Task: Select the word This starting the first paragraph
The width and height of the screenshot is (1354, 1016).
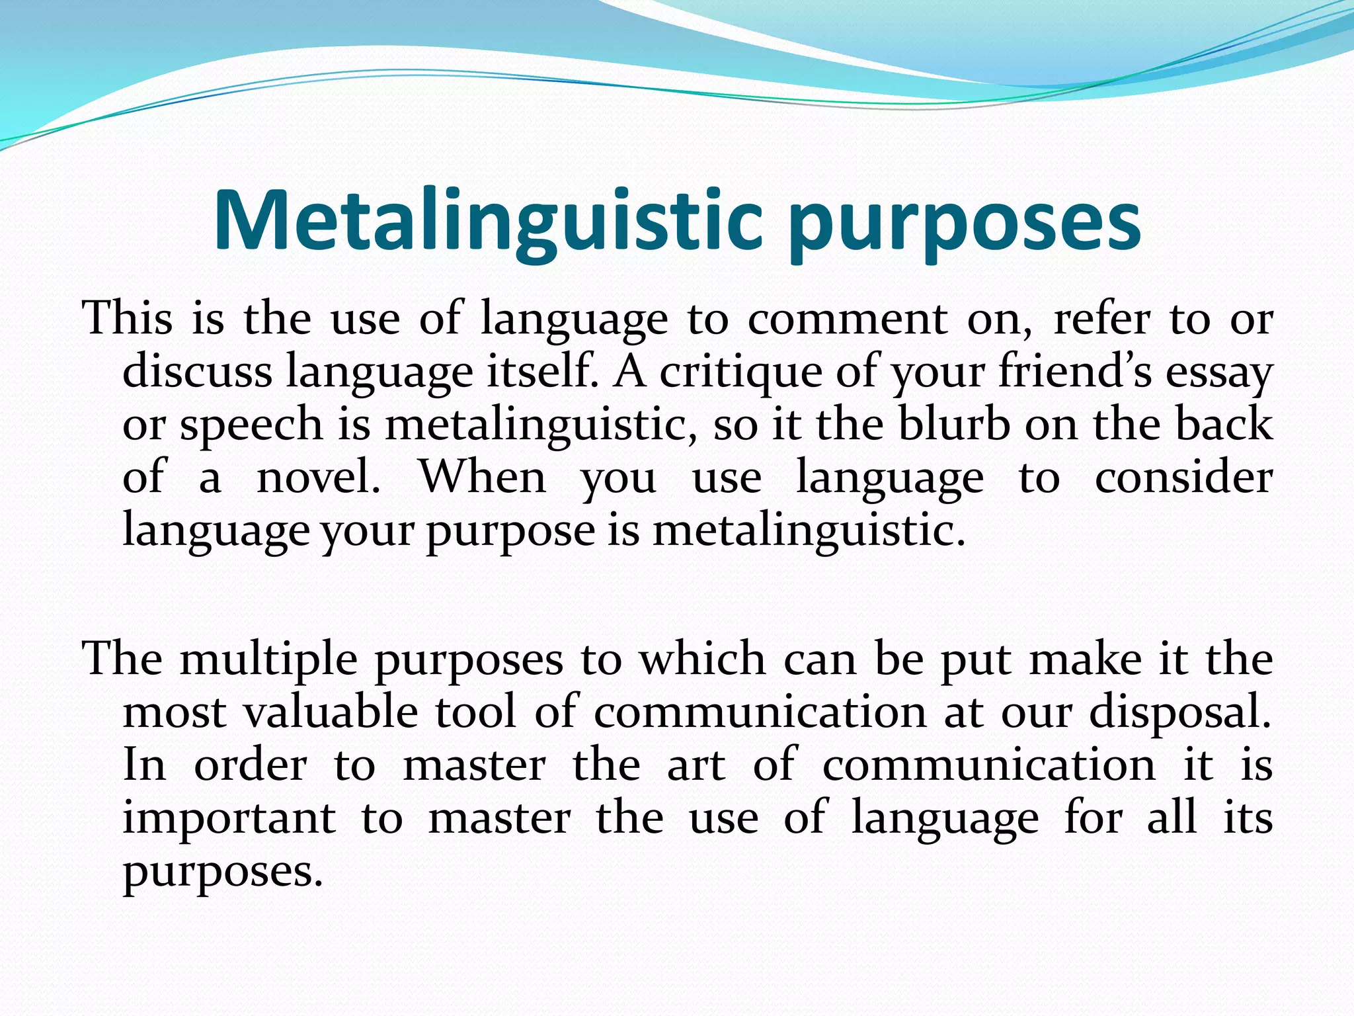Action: click(x=128, y=318)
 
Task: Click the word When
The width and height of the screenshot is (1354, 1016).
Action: click(x=483, y=477)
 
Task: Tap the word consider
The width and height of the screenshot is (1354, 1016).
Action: click(x=1183, y=477)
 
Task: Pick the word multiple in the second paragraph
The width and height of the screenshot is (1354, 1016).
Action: click(x=268, y=661)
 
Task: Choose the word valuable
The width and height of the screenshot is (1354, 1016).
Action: click(x=331, y=712)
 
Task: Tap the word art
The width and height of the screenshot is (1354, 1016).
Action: click(x=696, y=766)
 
